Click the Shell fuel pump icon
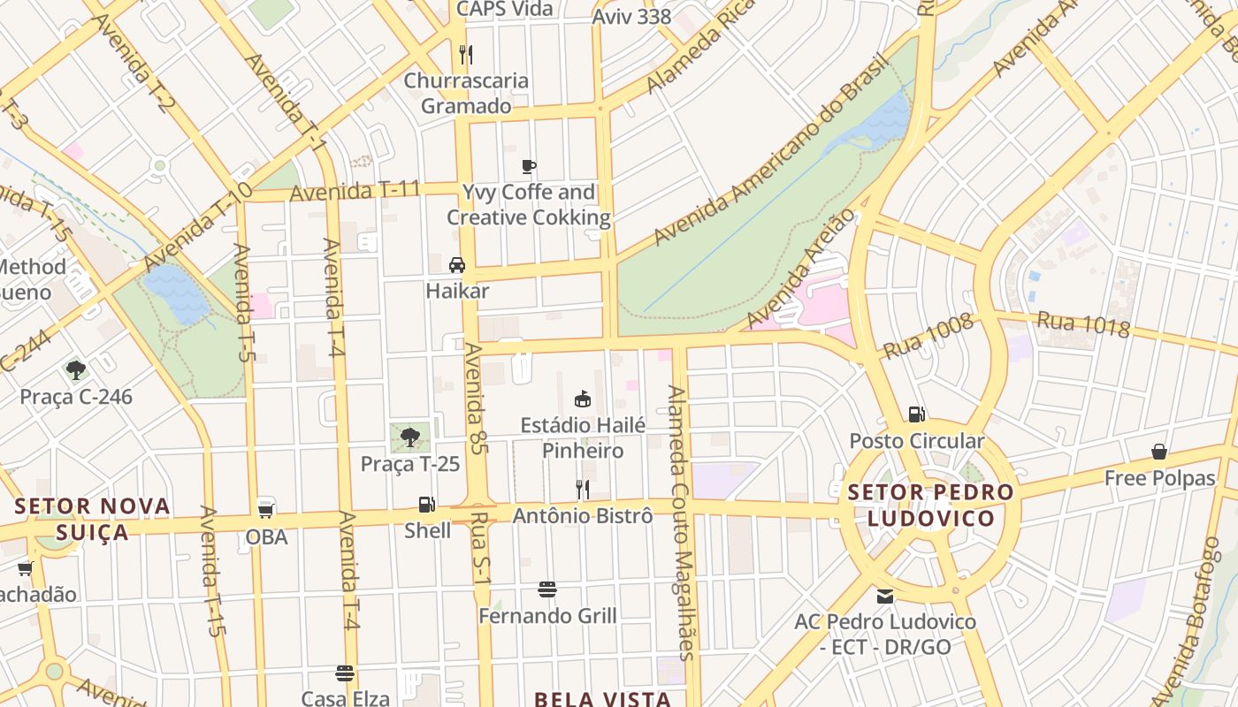click(426, 505)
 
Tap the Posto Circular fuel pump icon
click(916, 414)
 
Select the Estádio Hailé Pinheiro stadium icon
click(582, 399)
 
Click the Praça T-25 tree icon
click(409, 437)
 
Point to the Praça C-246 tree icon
click(76, 370)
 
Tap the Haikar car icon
click(457, 264)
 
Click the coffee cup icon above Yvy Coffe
click(528, 166)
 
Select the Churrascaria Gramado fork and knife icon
click(466, 55)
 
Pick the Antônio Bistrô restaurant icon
click(582, 489)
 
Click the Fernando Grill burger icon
click(547, 589)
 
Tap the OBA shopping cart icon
click(265, 510)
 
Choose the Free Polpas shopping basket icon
click(1158, 452)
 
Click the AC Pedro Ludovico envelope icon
click(884, 596)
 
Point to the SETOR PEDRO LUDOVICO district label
click(930, 505)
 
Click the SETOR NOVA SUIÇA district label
click(93, 519)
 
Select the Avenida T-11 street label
click(355, 190)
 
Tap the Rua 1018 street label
click(1083, 324)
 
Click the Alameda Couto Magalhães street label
click(682, 521)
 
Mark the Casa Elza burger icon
click(345, 673)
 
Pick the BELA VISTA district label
click(603, 699)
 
